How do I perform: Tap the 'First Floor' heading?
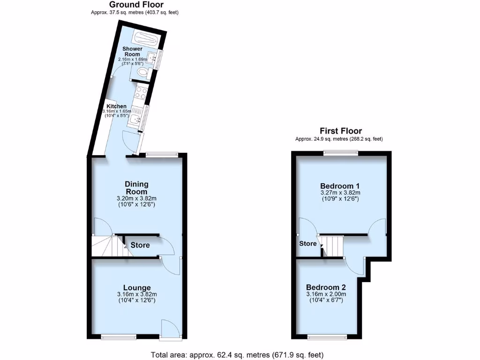[x=341, y=131]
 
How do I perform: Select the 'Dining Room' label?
[x=136, y=187]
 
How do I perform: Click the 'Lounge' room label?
[x=137, y=287]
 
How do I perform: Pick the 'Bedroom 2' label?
[x=326, y=287]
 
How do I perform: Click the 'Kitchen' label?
[x=116, y=106]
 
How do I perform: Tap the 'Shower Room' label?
[x=132, y=52]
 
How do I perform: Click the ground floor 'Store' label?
[x=140, y=245]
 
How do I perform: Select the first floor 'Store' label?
[x=308, y=244]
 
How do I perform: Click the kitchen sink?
[x=137, y=120]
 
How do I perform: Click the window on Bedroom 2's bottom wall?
[x=327, y=337]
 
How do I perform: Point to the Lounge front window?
[x=120, y=336]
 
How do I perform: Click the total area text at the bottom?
[x=237, y=354]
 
